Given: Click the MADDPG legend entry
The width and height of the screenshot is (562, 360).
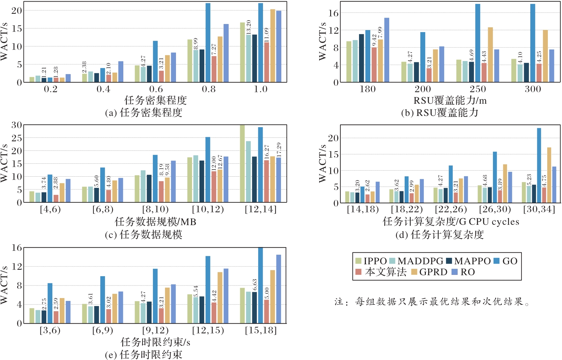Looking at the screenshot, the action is pyautogui.click(x=416, y=261).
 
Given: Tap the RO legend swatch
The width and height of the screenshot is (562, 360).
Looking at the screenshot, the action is pyautogui.click(x=454, y=272).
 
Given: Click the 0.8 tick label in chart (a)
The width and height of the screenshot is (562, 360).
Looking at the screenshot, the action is pyautogui.click(x=208, y=89).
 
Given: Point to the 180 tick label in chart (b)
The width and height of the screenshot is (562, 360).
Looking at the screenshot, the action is pyautogui.click(x=367, y=89).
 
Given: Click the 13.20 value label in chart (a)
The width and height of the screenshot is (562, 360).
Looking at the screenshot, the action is pyautogui.click(x=248, y=27).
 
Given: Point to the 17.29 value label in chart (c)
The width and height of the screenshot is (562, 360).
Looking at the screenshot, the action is pyautogui.click(x=278, y=150).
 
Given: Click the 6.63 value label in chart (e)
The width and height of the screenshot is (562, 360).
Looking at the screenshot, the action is pyautogui.click(x=255, y=285).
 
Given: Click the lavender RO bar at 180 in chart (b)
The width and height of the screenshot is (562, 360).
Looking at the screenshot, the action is pyautogui.click(x=387, y=50).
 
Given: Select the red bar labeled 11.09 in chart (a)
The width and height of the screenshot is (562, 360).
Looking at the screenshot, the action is pyautogui.click(x=267, y=62).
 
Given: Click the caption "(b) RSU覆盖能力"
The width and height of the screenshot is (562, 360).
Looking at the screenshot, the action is pyautogui.click(x=440, y=113).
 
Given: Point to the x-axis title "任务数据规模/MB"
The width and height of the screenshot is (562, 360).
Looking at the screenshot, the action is pyautogui.click(x=155, y=222).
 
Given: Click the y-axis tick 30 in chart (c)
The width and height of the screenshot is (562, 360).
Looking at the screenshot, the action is pyautogui.click(x=17, y=125).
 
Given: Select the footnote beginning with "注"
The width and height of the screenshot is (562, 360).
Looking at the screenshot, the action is pyautogui.click(x=432, y=302).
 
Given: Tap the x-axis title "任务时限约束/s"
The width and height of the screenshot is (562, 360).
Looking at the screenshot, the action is pyautogui.click(x=155, y=342).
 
